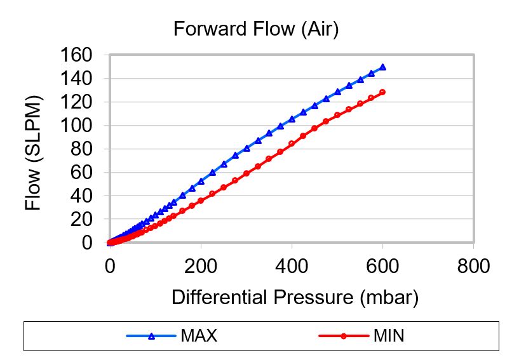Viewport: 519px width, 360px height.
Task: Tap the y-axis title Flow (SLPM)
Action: (33, 153)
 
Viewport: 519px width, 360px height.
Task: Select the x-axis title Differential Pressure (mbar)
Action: (295, 297)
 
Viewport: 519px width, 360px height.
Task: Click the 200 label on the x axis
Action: (201, 266)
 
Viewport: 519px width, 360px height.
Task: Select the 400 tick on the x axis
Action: (292, 266)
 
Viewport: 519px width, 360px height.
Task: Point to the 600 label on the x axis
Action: (382, 266)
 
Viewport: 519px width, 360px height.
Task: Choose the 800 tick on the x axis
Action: (473, 266)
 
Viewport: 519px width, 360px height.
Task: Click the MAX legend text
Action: (198, 336)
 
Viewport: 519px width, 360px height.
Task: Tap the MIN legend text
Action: (389, 336)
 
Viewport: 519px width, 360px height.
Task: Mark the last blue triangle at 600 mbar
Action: (382, 67)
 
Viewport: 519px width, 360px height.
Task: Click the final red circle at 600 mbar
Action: (382, 92)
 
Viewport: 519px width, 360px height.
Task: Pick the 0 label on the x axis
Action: (111, 266)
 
